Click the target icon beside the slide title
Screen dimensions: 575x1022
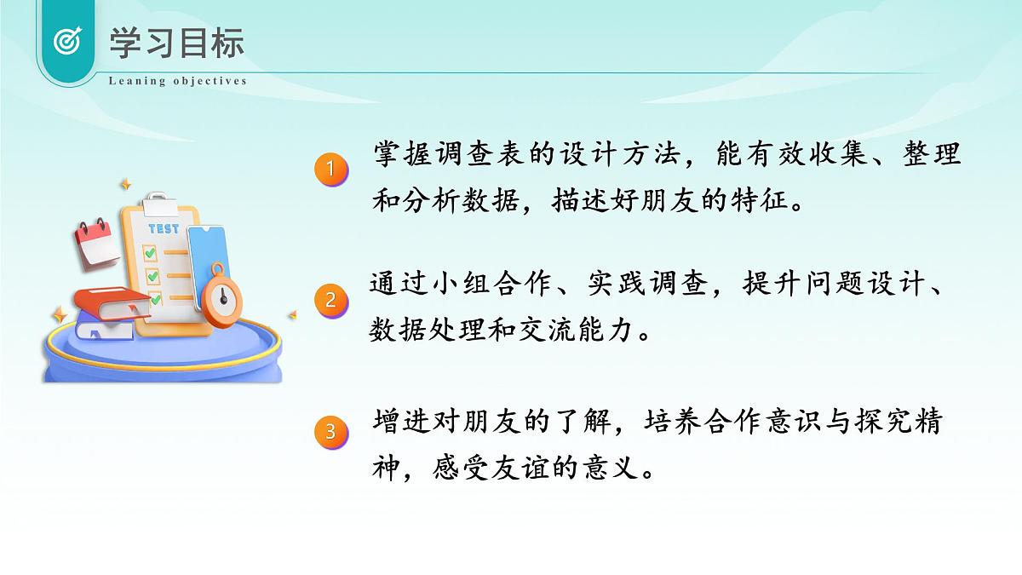click(x=67, y=40)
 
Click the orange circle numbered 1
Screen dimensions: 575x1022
click(x=331, y=170)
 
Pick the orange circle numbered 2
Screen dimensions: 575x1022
click(x=331, y=300)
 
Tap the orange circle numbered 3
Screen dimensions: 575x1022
click(x=331, y=432)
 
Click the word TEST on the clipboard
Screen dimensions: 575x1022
click(x=164, y=228)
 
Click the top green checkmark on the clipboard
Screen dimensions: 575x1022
click(x=150, y=253)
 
